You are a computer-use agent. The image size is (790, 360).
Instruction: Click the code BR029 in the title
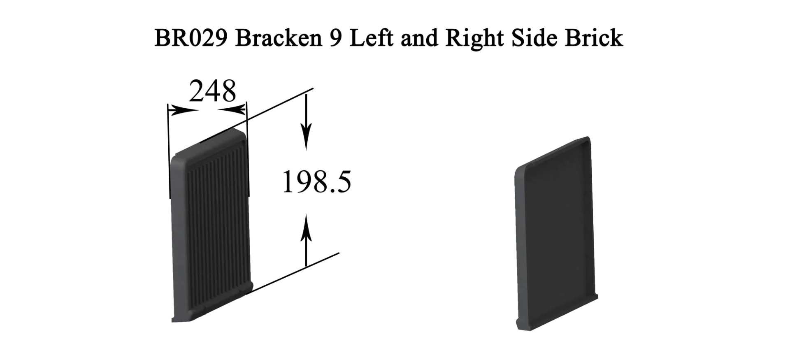191,38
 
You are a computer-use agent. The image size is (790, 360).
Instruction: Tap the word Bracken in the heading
279,38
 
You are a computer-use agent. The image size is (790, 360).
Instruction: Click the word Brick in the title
594,38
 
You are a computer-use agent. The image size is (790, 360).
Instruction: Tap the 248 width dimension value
213,91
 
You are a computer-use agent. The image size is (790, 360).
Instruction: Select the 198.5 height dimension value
317,182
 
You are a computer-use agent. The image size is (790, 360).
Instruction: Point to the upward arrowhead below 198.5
306,227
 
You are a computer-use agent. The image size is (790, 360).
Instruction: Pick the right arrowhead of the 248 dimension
232,110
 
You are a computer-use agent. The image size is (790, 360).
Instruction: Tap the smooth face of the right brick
555,230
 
